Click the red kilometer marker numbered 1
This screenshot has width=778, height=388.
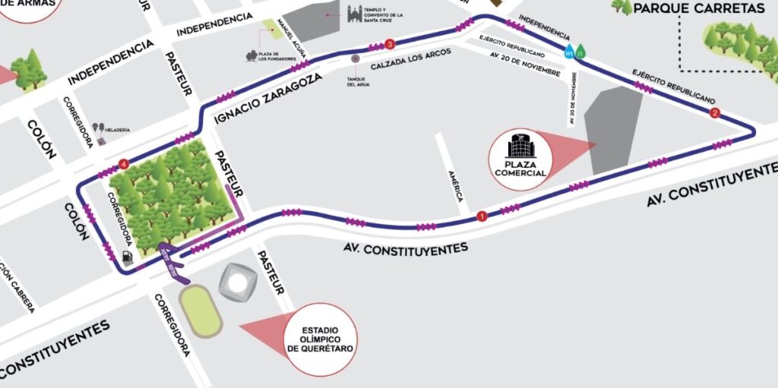coord(481,216)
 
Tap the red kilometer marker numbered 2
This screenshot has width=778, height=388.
coord(714,113)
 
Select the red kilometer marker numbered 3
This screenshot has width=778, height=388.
coord(390,43)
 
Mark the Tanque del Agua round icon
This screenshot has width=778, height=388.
coord(355,58)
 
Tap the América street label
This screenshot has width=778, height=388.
coord(454,185)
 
